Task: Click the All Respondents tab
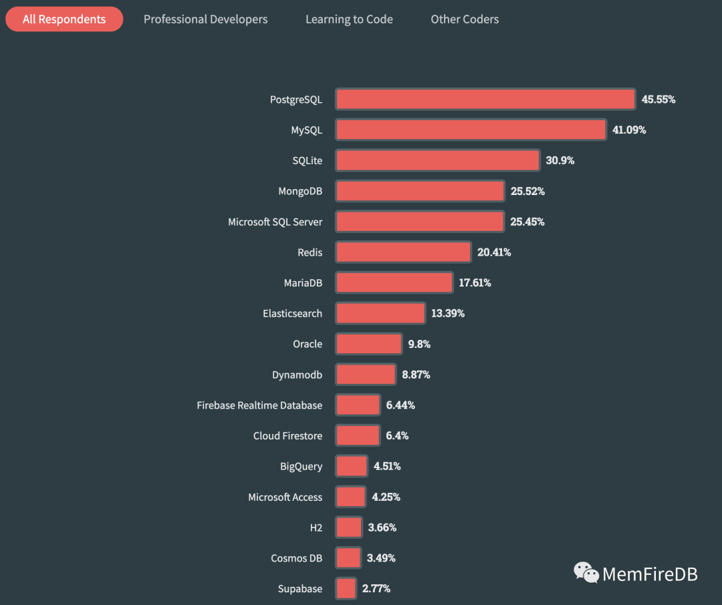(x=64, y=19)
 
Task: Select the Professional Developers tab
(x=205, y=19)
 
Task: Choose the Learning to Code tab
(x=349, y=19)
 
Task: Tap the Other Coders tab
(x=465, y=19)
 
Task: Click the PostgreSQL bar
(x=485, y=99)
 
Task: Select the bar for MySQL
(x=471, y=130)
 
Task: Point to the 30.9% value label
(x=560, y=161)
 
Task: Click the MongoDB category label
(x=300, y=192)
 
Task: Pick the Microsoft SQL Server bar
(x=419, y=222)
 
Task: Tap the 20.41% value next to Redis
(x=494, y=252)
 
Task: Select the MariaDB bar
(x=394, y=283)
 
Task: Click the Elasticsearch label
(x=292, y=314)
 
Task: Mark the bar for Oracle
(x=368, y=345)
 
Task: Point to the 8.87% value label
(x=416, y=375)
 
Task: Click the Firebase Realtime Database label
(x=259, y=405)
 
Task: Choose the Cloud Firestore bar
(x=358, y=436)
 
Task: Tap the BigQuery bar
(x=352, y=467)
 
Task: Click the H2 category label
(x=316, y=528)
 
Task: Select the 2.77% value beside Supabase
(x=376, y=589)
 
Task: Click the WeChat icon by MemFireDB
(x=586, y=572)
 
